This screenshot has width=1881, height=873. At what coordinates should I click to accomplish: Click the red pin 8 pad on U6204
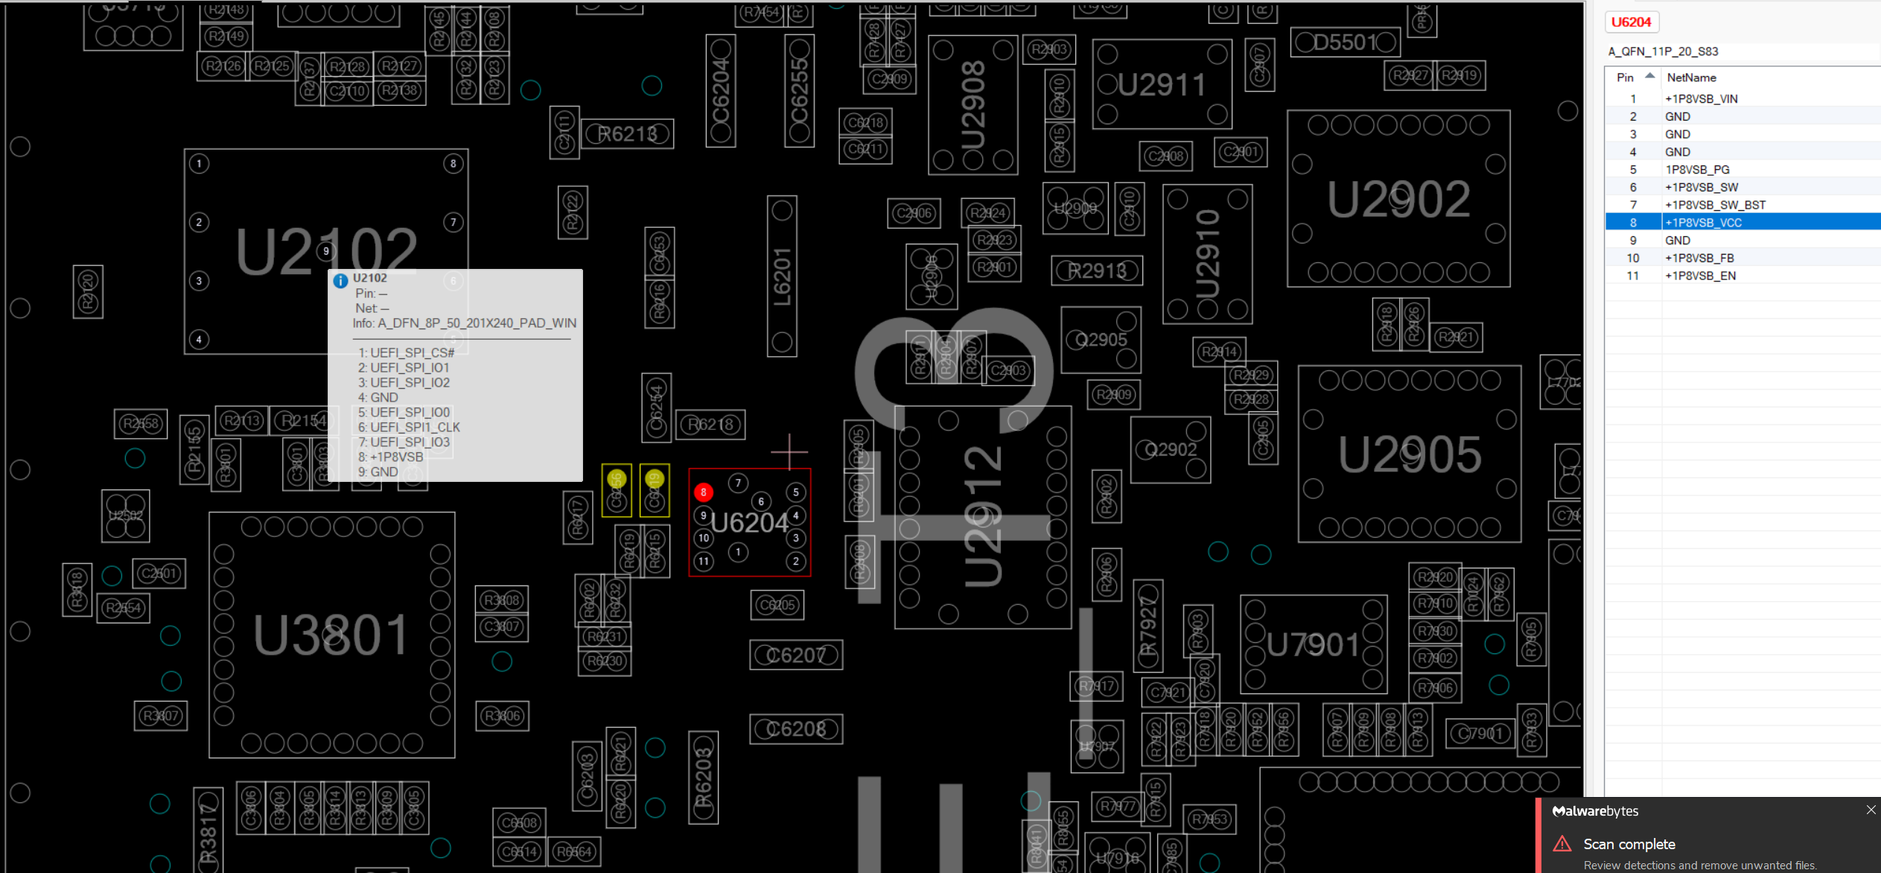pos(703,492)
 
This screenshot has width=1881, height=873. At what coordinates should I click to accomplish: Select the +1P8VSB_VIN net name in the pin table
pos(1702,99)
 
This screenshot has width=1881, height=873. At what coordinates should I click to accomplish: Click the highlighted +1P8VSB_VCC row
pos(1703,223)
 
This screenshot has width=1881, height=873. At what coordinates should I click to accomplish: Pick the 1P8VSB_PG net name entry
pos(1697,170)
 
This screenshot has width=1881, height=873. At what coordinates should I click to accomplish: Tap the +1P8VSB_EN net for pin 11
pos(1700,276)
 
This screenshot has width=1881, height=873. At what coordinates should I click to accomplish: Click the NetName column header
pos(1691,77)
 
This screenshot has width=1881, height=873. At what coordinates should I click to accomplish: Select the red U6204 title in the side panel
pos(1631,22)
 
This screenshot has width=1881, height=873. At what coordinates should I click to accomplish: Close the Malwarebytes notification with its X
pos(1871,810)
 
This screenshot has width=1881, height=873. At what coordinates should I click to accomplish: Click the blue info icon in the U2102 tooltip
pos(340,281)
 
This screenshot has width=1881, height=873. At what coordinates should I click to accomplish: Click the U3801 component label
pos(331,635)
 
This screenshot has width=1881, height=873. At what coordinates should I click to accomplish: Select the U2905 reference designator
pos(1410,454)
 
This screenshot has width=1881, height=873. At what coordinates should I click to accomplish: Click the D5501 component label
pos(1345,42)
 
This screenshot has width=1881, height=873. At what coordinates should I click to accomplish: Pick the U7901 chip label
pos(1313,645)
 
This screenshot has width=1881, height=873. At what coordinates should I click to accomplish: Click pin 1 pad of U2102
pos(199,164)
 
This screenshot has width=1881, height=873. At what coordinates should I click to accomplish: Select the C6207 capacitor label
pos(796,655)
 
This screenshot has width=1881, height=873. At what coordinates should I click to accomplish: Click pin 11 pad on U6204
pos(704,561)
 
